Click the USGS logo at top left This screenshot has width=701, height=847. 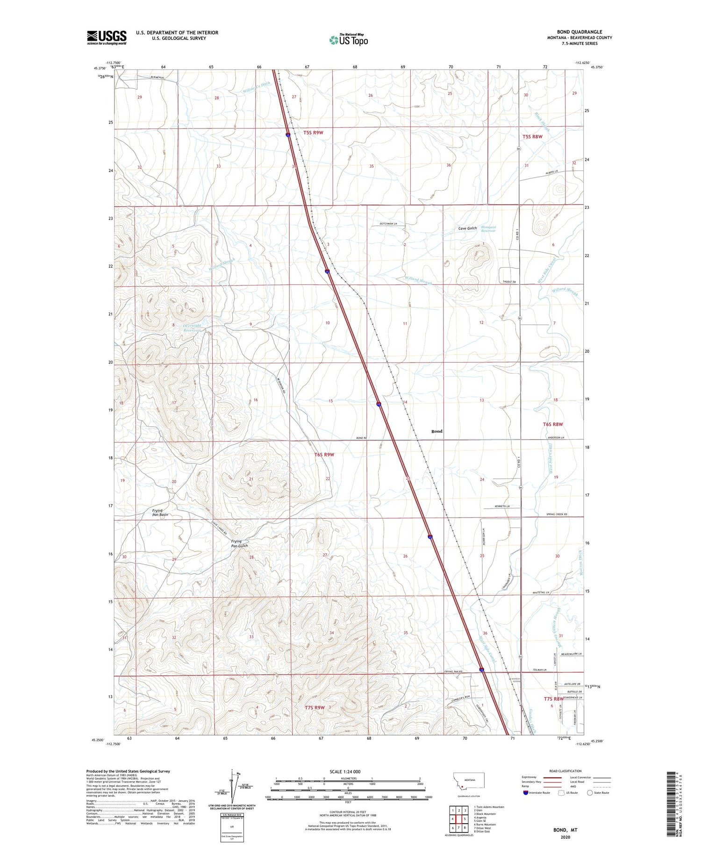point(107,37)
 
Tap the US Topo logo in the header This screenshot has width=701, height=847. point(348,40)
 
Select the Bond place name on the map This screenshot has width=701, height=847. point(436,431)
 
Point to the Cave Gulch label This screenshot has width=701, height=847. point(467,228)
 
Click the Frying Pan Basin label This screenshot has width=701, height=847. point(160,512)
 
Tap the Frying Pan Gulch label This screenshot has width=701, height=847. point(239,544)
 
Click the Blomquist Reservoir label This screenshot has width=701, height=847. point(488,229)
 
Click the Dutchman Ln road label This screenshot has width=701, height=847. point(387,224)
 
